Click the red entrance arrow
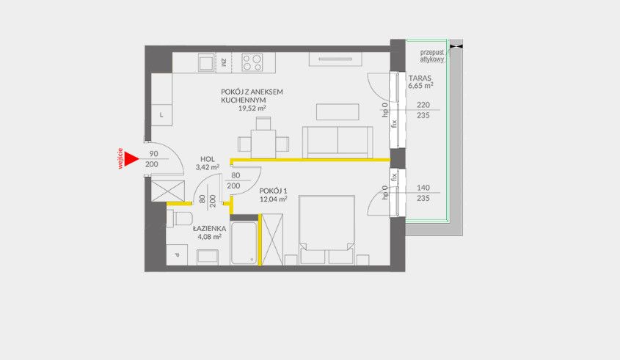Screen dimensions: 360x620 [131, 158]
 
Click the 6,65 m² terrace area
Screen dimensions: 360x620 [420, 85]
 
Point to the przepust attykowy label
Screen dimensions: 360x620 [432, 56]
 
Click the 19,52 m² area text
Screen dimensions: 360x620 [252, 108]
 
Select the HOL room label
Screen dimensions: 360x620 [206, 158]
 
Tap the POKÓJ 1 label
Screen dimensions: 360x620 [272, 189]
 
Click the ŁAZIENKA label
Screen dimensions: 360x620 [209, 228]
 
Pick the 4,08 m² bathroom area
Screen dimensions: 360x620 [209, 237]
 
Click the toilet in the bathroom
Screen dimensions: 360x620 [180, 219]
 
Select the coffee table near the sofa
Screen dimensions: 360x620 [337, 111]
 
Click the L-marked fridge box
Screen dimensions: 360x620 [161, 114]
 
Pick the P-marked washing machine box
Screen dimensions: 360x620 [176, 254]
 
